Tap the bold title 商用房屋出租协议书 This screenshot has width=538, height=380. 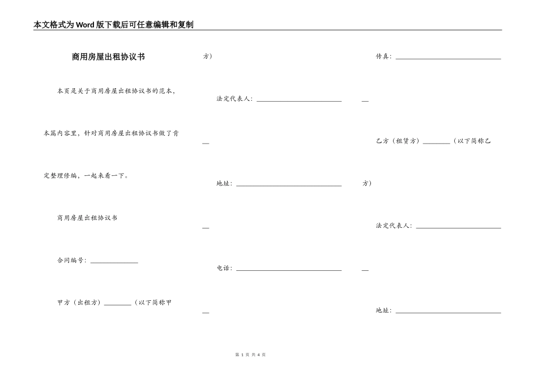pos(108,57)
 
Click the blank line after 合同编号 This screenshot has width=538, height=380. pos(114,261)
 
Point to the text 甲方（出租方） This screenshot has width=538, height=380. pos(79,303)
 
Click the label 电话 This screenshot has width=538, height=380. pos(224,268)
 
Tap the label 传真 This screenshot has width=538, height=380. pos(383,57)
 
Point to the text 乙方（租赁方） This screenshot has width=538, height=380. pos(398,141)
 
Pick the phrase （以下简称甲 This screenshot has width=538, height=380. pos(152,303)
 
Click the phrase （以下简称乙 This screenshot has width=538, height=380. pos(472,141)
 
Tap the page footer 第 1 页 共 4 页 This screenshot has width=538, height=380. pos(250,355)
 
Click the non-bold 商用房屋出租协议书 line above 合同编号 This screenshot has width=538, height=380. pos(87,218)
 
